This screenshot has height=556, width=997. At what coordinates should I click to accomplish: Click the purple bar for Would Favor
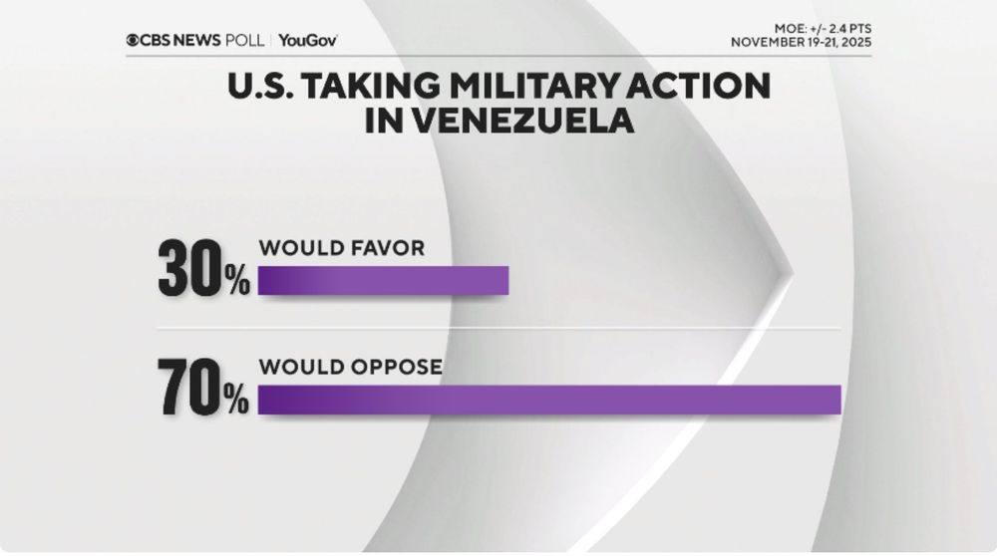(x=384, y=281)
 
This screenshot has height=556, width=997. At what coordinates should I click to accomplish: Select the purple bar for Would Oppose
(x=549, y=399)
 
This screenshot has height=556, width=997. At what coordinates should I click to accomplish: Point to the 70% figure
(x=203, y=390)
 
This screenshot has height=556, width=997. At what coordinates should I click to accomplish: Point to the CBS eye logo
(x=133, y=40)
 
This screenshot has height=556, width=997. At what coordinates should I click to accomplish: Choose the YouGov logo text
(x=308, y=40)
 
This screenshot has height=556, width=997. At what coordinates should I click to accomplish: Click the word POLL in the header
(x=244, y=40)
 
